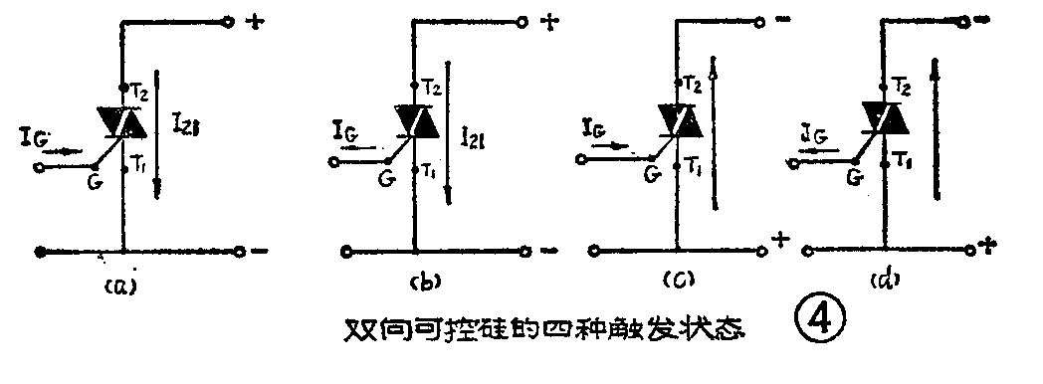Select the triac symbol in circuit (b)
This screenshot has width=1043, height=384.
click(416, 120)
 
